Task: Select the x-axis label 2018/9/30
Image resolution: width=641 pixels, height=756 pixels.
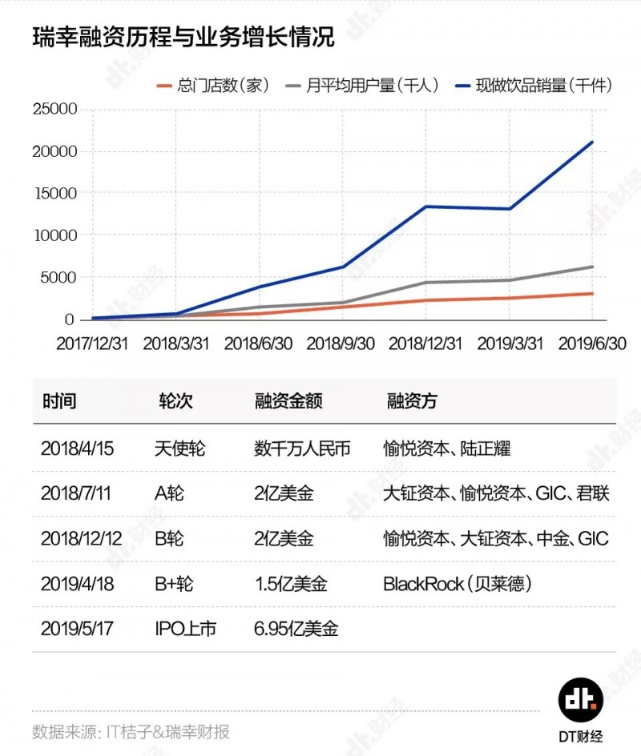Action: tap(341, 343)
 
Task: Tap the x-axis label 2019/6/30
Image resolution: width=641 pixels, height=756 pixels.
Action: tap(592, 343)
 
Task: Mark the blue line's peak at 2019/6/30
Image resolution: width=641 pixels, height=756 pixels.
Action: tap(592, 143)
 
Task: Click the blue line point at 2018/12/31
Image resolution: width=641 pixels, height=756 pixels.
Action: tap(425, 207)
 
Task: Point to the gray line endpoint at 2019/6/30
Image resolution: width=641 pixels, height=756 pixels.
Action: tap(592, 267)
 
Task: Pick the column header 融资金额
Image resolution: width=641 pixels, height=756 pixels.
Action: tap(288, 400)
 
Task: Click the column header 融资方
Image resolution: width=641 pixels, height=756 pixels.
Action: tap(411, 400)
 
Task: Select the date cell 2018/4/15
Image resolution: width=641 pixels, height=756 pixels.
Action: tap(77, 448)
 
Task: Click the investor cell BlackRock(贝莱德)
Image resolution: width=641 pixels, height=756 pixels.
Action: tap(458, 584)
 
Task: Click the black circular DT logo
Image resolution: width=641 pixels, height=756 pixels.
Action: tap(582, 699)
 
